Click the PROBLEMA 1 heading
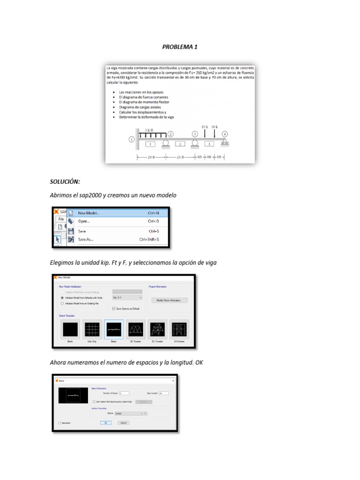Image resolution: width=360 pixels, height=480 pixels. pyautogui.click(x=180, y=47)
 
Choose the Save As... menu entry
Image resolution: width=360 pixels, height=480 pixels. pyautogui.click(x=85, y=240)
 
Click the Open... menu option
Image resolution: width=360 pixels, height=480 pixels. pyautogui.click(x=84, y=221)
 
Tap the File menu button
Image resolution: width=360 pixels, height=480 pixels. pyautogui.click(x=60, y=219)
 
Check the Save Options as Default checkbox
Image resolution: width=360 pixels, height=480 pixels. pyautogui.click(x=114, y=308)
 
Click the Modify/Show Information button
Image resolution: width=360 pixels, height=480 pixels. pyautogui.click(x=169, y=300)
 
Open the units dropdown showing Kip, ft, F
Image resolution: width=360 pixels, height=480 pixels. pyautogui.click(x=127, y=298)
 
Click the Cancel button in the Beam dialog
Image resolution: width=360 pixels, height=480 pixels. pyautogui.click(x=123, y=422)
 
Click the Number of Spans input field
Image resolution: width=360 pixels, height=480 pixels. pyautogui.click(x=124, y=393)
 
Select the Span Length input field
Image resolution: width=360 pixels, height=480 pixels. pyautogui.click(x=164, y=393)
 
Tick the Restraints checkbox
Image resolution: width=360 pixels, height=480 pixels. pyautogui.click(x=60, y=423)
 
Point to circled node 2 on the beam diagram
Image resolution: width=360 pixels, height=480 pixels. pyautogui.click(x=171, y=134)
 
